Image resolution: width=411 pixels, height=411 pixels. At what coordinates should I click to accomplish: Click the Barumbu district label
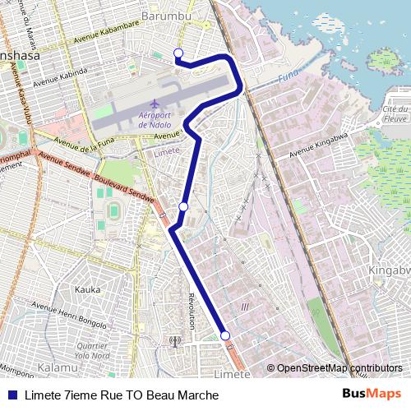[166, 16]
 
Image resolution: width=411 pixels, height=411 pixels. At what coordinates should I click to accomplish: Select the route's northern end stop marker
[178, 53]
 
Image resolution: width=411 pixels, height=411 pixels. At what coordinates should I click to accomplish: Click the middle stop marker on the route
[184, 206]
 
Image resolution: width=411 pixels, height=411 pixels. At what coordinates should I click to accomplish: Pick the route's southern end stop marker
[224, 335]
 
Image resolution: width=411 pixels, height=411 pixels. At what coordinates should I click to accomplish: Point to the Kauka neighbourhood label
[87, 289]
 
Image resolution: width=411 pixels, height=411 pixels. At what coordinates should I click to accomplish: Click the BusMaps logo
[372, 395]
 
